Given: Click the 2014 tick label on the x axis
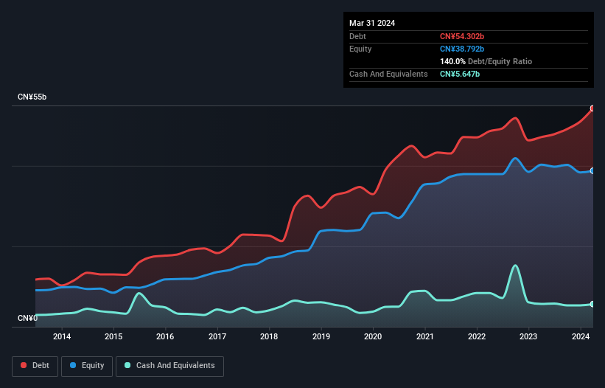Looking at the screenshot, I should click(62, 337).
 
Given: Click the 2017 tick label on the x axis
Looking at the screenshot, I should click(217, 337).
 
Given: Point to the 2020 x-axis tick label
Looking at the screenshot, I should click(373, 337).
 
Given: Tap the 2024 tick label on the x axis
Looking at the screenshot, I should click(581, 337).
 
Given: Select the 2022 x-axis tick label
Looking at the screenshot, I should click(477, 337).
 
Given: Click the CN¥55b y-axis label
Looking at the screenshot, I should click(33, 97).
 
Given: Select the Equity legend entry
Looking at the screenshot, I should click(88, 365).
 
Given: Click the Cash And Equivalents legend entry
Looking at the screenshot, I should click(169, 365).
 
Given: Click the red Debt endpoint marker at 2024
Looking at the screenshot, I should click(592, 108).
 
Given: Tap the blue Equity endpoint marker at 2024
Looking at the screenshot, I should click(592, 170).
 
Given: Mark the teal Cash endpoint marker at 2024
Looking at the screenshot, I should click(592, 304).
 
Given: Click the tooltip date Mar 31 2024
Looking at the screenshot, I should click(372, 23).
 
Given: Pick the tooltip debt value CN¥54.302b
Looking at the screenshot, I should click(462, 36).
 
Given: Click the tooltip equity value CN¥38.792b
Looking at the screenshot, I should click(462, 49).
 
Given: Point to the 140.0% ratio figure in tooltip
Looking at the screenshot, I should click(453, 62).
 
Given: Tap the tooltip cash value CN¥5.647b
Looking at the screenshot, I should click(460, 75).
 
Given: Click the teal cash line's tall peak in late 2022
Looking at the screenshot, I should click(515, 266).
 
